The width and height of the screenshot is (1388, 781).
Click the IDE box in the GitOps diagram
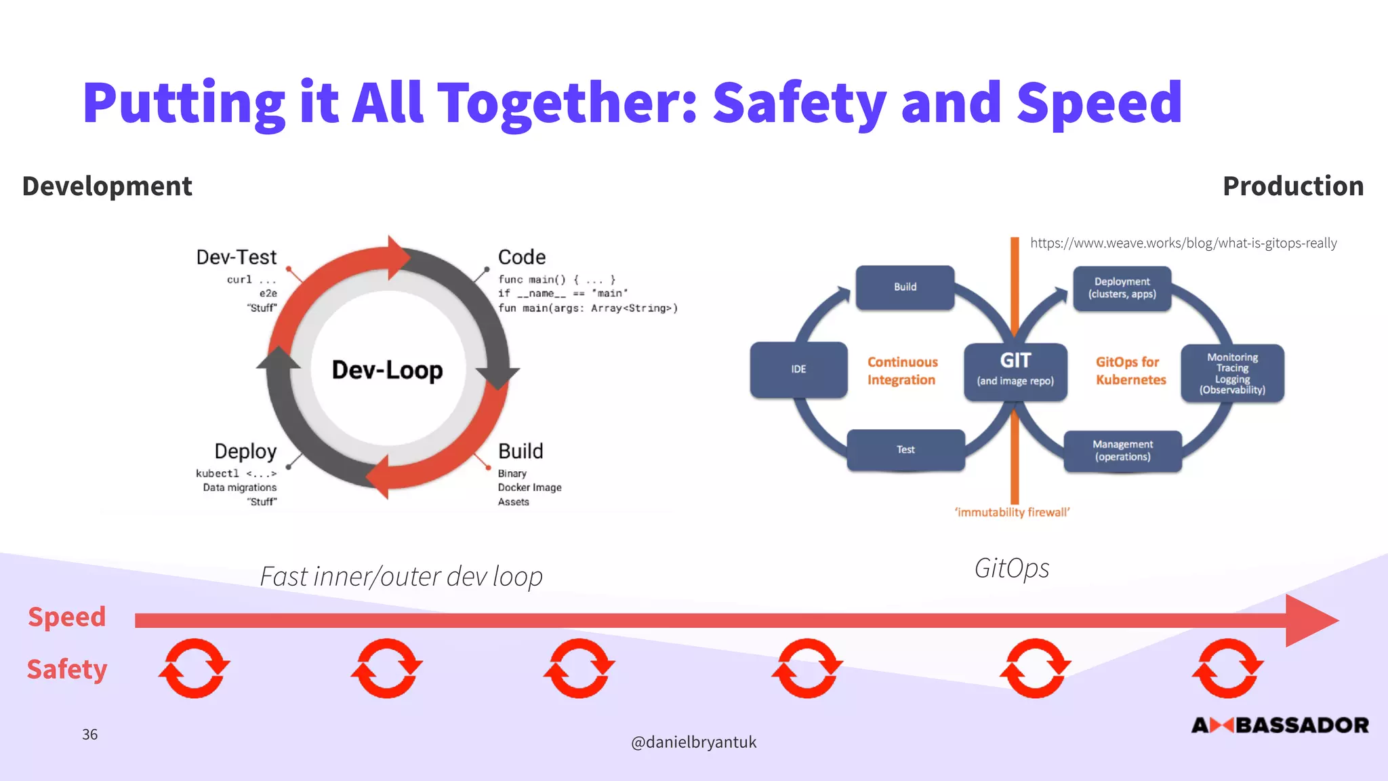798,369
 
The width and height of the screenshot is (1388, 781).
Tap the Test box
905,449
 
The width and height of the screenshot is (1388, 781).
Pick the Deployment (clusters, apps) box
1122,288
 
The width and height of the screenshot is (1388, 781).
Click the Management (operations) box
1122,450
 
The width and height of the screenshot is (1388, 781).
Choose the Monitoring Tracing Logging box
1232,373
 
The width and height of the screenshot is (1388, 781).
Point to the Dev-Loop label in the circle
387,370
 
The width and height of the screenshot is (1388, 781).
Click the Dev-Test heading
237,258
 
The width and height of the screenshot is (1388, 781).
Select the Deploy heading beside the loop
245,452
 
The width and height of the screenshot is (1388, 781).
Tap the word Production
1292,186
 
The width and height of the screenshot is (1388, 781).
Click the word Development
107,186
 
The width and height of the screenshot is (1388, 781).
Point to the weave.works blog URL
1183,243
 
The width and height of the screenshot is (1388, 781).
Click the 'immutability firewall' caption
1012,513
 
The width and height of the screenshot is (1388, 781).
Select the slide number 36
89,734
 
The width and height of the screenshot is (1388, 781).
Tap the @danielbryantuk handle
693,742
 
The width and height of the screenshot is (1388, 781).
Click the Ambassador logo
1280,725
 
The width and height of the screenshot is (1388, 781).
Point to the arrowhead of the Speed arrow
1311,620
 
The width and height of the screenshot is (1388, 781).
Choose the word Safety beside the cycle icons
67,669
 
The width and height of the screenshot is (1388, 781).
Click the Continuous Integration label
902,371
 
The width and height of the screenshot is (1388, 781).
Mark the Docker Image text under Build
529,487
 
